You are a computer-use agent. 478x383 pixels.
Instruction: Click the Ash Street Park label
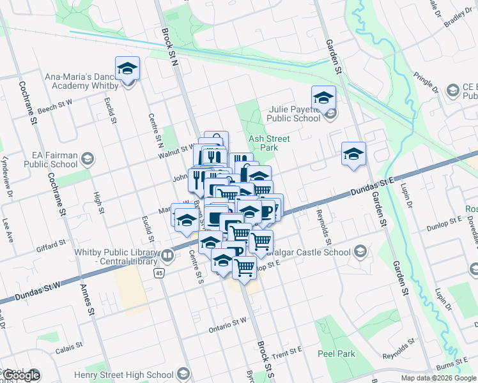coord(268,143)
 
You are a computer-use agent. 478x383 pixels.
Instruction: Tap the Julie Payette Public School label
coord(293,114)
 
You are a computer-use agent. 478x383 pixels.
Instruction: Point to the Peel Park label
coord(336,353)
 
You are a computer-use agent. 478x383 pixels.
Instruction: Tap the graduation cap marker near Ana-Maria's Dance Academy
coord(128,69)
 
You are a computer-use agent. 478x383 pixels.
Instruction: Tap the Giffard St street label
coord(52,243)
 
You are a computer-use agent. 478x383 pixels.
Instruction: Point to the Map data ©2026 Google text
coord(438,378)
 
